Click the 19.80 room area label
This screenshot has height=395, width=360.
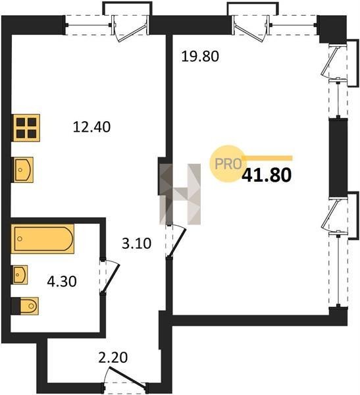pos(200,56)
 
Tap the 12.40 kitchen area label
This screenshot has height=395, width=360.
pos(91,126)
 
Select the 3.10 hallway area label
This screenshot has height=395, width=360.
pos(136,244)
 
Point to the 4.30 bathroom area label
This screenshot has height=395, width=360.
pos(62,281)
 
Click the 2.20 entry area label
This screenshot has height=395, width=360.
pos(113,357)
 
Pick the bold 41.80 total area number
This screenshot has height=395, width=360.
pos(267,175)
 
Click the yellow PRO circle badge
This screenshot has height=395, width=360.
pos(228,164)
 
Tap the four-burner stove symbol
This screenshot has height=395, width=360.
pos(26,128)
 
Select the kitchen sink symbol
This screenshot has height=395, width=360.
pos(22,170)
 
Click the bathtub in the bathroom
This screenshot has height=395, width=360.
pos(43,239)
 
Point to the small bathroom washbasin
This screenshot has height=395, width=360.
pos(20,275)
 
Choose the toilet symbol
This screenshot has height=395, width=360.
pos(25,306)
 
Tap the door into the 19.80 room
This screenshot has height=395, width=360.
pos(176,242)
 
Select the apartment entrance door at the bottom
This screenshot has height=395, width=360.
pos(124,376)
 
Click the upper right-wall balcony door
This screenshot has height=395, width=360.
pos(334,63)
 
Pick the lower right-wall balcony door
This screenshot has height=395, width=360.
pos(334,216)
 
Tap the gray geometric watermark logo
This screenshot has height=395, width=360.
pos(180,194)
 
